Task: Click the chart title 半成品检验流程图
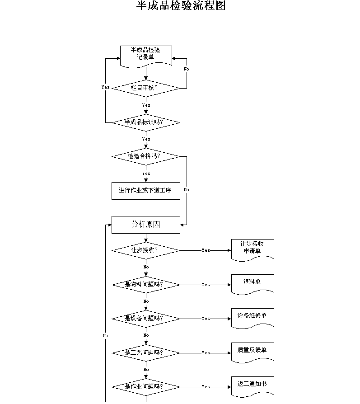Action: click(181, 5)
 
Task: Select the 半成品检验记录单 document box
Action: click(146, 56)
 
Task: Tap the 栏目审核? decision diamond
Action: click(146, 88)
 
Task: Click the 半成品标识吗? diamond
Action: click(146, 122)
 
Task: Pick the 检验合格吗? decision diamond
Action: click(146, 156)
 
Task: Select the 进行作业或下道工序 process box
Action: click(146, 191)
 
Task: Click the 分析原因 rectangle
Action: click(146, 225)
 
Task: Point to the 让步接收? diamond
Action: click(146, 250)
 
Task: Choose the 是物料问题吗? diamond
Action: click(146, 285)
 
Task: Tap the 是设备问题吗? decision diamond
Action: click(146, 319)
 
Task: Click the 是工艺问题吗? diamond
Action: click(146, 353)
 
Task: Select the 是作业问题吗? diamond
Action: click(146, 387)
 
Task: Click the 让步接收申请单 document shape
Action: click(252, 250)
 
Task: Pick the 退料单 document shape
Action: click(252, 284)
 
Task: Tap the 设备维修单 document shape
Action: click(252, 318)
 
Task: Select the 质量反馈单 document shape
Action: click(252, 352)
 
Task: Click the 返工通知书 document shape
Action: click(252, 386)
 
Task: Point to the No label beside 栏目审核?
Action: click(186, 69)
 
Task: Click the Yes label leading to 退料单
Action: click(206, 284)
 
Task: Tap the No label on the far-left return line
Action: click(105, 335)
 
